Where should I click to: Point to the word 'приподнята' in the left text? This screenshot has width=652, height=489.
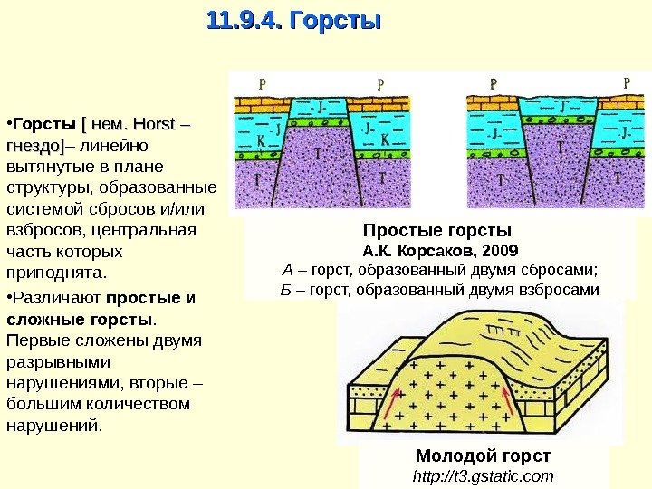coord(54,272)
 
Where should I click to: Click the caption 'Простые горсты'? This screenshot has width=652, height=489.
coord(437,229)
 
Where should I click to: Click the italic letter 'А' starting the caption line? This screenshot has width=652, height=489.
coord(288,270)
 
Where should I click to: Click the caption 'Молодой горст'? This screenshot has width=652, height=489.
coord(482,455)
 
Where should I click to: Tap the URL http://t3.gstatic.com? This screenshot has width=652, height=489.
coord(482,475)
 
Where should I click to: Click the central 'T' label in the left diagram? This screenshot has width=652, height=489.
coord(318,155)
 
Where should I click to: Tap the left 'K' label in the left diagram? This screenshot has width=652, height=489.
coord(258,141)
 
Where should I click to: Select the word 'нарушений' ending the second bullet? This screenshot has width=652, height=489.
coord(53,424)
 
